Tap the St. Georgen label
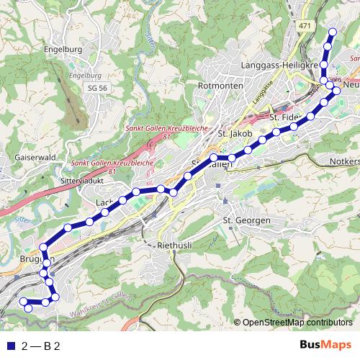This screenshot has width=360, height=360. [246, 219]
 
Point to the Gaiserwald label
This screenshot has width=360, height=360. [26, 156]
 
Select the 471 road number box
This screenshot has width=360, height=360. [305, 25]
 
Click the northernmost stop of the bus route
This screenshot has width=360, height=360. [333, 32]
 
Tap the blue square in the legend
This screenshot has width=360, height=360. [9, 346]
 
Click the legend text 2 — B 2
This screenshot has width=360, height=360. [40, 346]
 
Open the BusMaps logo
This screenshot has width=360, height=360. [325, 346]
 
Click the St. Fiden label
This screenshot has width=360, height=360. [284, 117]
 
